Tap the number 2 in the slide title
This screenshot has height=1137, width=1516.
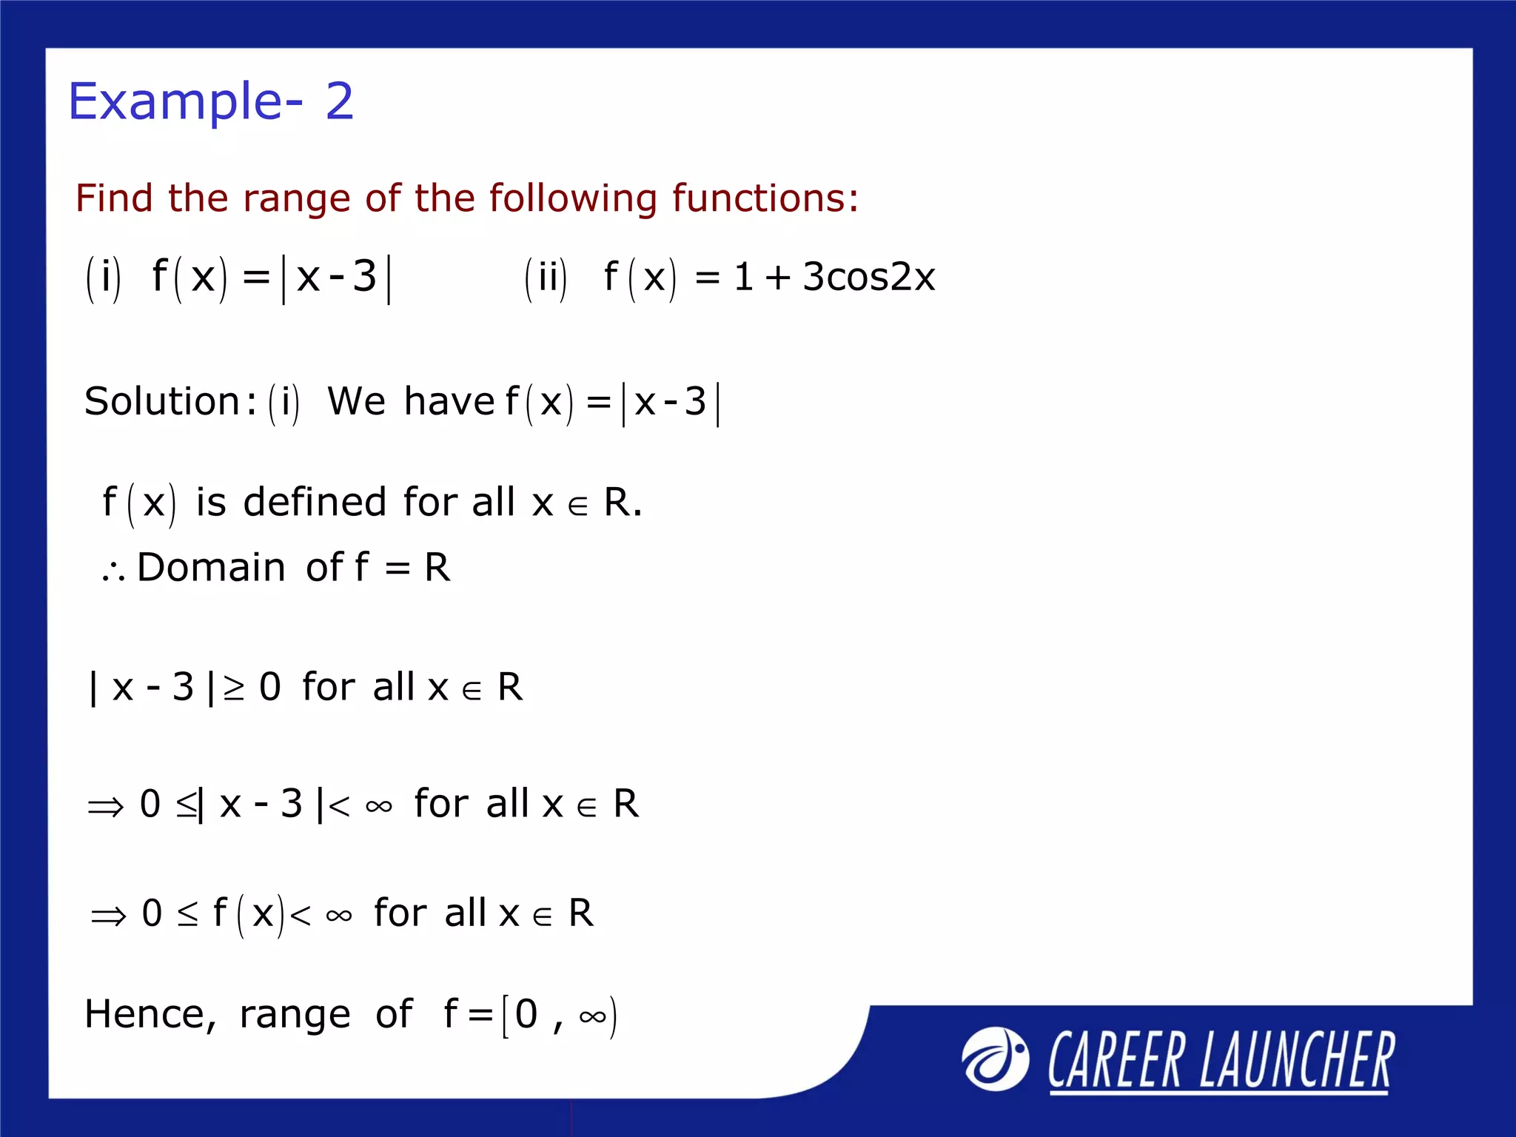pos(340,101)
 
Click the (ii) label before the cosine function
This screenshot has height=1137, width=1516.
pos(546,278)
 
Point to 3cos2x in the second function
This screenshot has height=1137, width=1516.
pos(869,277)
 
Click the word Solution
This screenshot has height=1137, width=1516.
pos(162,402)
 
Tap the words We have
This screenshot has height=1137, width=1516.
pos(411,402)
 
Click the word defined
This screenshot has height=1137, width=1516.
pos(315,502)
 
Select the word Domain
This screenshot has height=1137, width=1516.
pos(211,568)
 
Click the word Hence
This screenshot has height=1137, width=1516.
pos(150,1014)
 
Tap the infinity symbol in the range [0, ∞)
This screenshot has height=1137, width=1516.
pos(594,1016)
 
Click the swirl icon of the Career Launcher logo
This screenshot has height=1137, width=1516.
pos(995,1059)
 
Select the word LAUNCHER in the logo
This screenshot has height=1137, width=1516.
pos(1297,1060)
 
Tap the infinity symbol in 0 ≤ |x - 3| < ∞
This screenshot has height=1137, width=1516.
pos(379,806)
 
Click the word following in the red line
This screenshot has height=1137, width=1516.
pos(572,198)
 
